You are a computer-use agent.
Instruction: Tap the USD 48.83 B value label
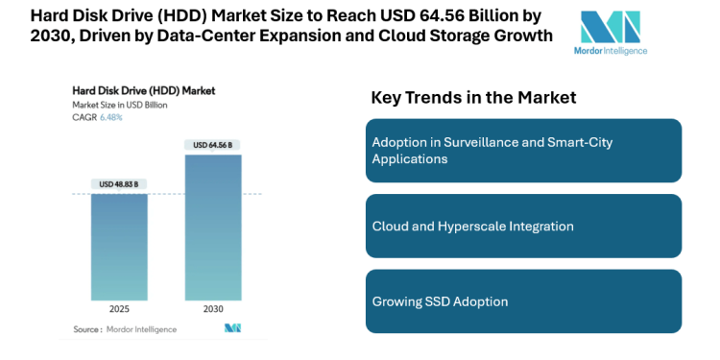[x=118, y=183]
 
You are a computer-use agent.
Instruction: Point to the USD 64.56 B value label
[x=213, y=145]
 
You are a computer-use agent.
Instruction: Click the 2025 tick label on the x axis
[x=118, y=310]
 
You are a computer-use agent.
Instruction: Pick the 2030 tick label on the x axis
[x=213, y=310]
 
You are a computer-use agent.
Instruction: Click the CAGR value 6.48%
[x=111, y=116]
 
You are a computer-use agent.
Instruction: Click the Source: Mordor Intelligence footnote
[x=125, y=328]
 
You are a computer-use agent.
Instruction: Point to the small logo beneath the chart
[x=231, y=328]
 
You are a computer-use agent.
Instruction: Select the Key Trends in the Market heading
[x=473, y=97]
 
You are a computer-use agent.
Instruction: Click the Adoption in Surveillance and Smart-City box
[x=523, y=150]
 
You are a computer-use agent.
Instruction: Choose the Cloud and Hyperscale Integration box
[x=523, y=226]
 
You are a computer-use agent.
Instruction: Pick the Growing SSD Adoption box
[x=523, y=301]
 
